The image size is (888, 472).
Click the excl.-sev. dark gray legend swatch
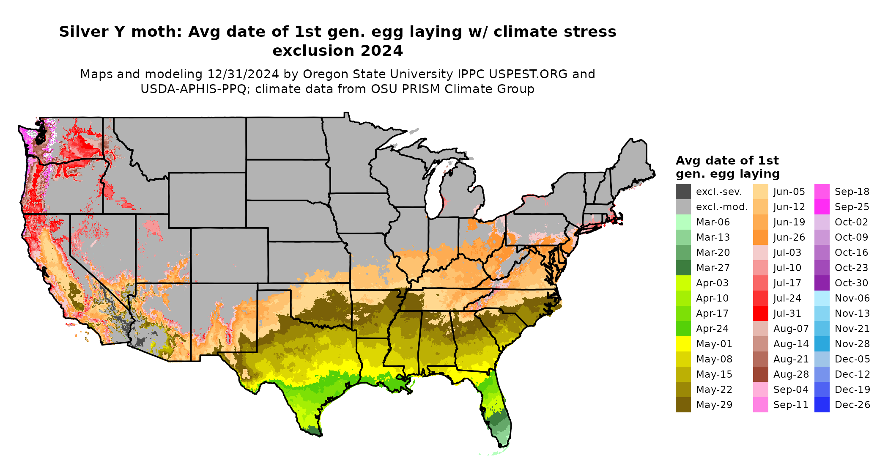(x=683, y=192)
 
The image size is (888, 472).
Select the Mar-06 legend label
(x=713, y=222)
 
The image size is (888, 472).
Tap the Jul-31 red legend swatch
(x=760, y=313)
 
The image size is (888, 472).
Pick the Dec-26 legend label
(x=852, y=405)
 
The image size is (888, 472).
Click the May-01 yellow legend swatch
(x=683, y=344)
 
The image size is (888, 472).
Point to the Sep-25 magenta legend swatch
(x=822, y=207)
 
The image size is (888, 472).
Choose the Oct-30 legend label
(x=851, y=283)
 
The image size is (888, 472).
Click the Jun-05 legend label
(x=789, y=192)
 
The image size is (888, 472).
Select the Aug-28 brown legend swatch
(x=760, y=374)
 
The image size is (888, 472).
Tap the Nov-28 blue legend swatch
(x=822, y=344)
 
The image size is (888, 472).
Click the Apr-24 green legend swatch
(x=683, y=329)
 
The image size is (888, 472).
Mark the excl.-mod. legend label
(x=722, y=207)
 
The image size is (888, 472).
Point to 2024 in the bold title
(x=381, y=51)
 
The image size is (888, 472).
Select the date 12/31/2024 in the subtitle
(x=243, y=74)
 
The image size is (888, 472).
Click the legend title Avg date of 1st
(x=727, y=161)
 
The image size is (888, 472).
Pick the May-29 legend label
(x=714, y=405)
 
